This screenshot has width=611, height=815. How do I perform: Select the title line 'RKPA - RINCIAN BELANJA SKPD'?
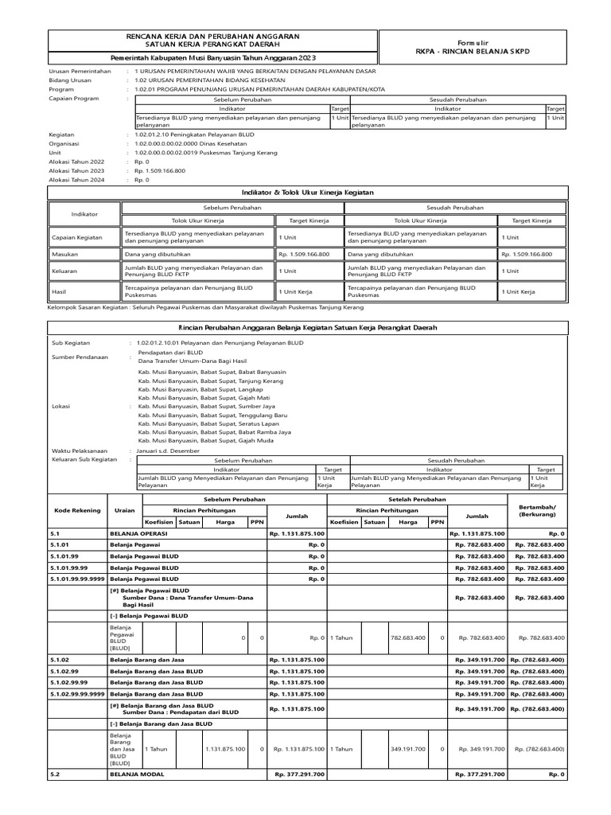pyautogui.click(x=472, y=51)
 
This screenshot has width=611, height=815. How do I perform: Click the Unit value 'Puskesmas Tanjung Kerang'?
pyautogui.click(x=206, y=152)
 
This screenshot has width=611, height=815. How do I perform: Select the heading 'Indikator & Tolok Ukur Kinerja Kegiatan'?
pyautogui.click(x=307, y=193)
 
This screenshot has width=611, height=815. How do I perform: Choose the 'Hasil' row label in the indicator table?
pyautogui.click(x=59, y=292)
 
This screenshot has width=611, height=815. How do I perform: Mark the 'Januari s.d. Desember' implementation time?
pyautogui.click(x=169, y=450)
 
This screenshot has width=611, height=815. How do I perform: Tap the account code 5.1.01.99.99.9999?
pyautogui.click(x=76, y=579)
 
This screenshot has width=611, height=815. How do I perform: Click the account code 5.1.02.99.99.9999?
pyautogui.click(x=76, y=693)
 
